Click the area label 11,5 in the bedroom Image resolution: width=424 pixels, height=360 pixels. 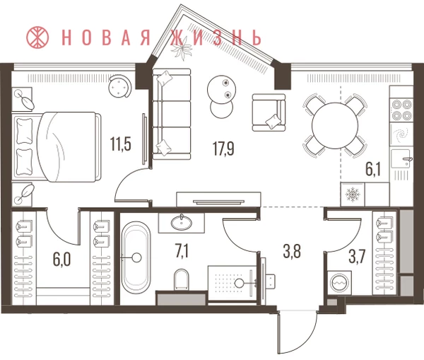(121, 144)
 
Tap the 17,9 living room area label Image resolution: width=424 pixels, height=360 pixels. (223, 149)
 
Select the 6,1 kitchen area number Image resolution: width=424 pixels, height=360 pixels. (373, 170)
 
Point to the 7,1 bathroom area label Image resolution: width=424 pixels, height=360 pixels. (182, 251)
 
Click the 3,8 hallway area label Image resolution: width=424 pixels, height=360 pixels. (292, 252)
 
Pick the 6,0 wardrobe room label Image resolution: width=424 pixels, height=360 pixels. (62, 260)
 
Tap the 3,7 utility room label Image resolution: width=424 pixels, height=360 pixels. (357, 257)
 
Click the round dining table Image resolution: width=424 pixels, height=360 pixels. (335, 126)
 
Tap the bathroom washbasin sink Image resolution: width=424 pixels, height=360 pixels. (181, 222)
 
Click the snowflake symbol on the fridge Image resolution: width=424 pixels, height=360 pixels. (353, 194)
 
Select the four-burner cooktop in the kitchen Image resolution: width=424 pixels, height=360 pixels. (401, 110)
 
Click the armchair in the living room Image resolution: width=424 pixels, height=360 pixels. (269, 112)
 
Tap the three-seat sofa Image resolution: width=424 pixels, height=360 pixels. (172, 114)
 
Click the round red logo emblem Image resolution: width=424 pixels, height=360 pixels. (37, 37)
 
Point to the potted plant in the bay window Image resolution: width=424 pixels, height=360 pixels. (183, 49)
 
